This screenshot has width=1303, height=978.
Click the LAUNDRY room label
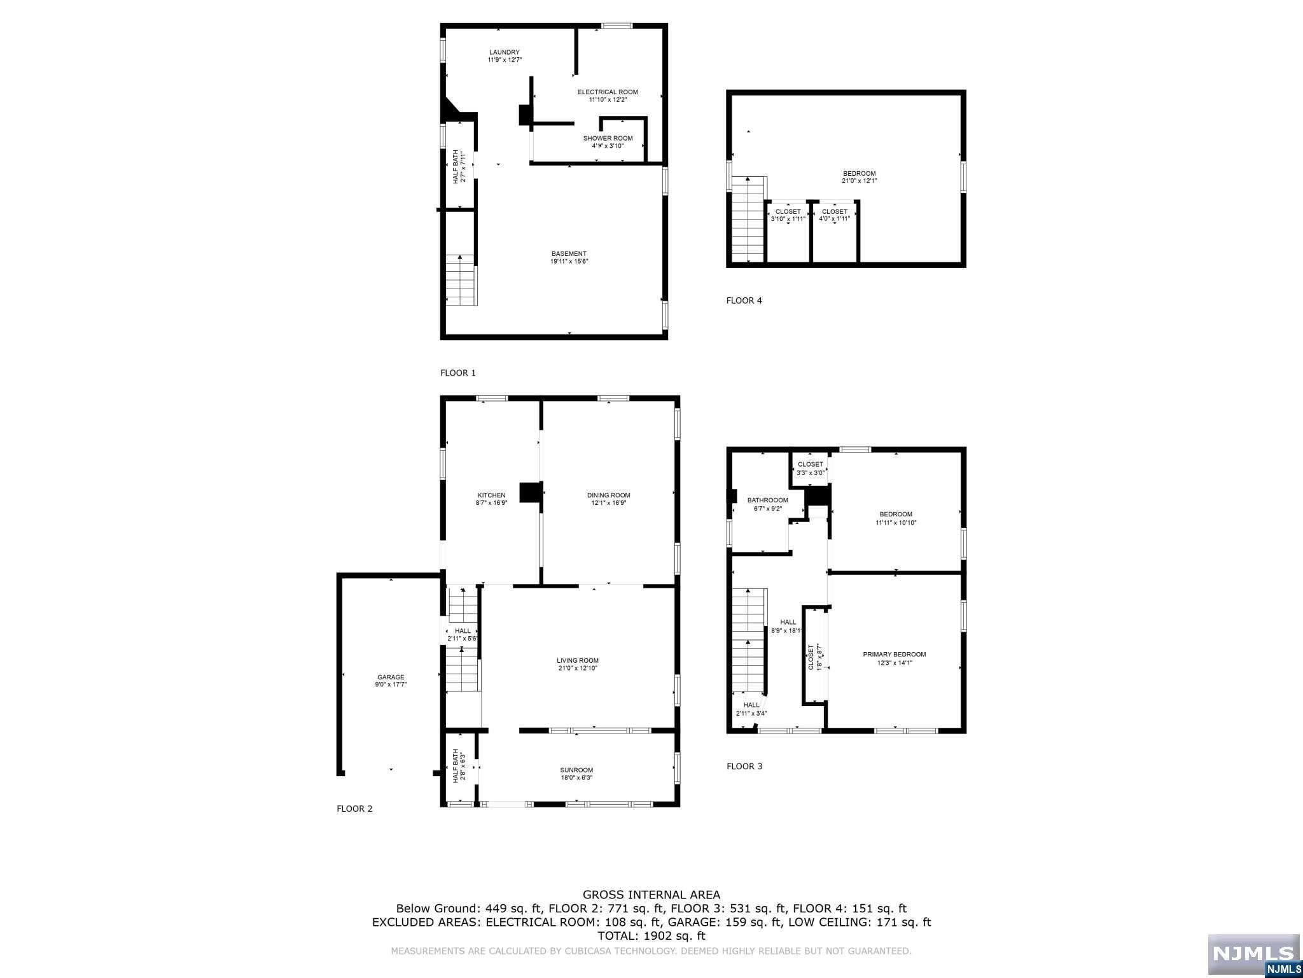point(505,52)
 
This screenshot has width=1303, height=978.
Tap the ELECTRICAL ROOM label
point(608,92)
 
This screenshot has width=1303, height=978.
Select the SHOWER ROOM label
point(608,138)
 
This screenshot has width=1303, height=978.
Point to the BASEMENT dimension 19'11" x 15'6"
point(569,262)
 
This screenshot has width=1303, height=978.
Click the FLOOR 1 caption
point(458,372)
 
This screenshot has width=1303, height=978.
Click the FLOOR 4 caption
point(744,301)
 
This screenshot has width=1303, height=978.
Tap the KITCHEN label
point(491,495)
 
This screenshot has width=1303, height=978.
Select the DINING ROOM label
point(608,495)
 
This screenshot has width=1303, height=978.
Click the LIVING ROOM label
point(578,660)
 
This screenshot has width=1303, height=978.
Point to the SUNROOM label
point(576,770)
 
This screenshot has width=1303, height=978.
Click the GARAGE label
point(391,677)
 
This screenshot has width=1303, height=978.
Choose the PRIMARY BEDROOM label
point(894,655)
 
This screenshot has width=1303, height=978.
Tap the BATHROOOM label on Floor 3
point(767,500)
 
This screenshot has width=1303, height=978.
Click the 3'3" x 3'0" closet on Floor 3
point(810,469)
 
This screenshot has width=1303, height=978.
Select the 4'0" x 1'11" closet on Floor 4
point(834,215)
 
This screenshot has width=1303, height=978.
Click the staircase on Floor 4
point(748,220)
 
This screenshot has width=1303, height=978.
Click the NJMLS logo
point(1253,954)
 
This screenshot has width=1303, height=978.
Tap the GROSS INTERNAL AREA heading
point(651,895)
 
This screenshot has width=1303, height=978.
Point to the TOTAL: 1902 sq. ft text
point(651,936)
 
